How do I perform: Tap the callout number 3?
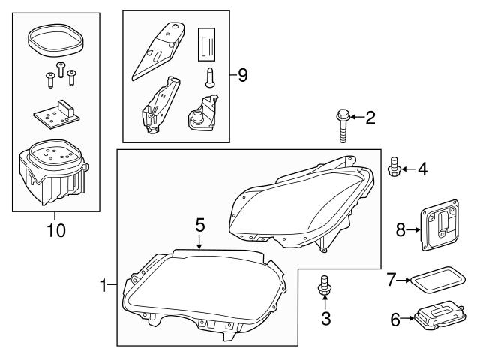[x=325, y=318]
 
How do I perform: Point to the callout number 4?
[x=422, y=169]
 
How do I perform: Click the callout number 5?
[x=199, y=223]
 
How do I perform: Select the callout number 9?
[x=241, y=76]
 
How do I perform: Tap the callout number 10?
[x=55, y=230]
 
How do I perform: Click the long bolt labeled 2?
[x=343, y=127]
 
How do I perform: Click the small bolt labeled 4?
[x=392, y=169]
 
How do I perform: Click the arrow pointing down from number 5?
[x=199, y=241]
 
